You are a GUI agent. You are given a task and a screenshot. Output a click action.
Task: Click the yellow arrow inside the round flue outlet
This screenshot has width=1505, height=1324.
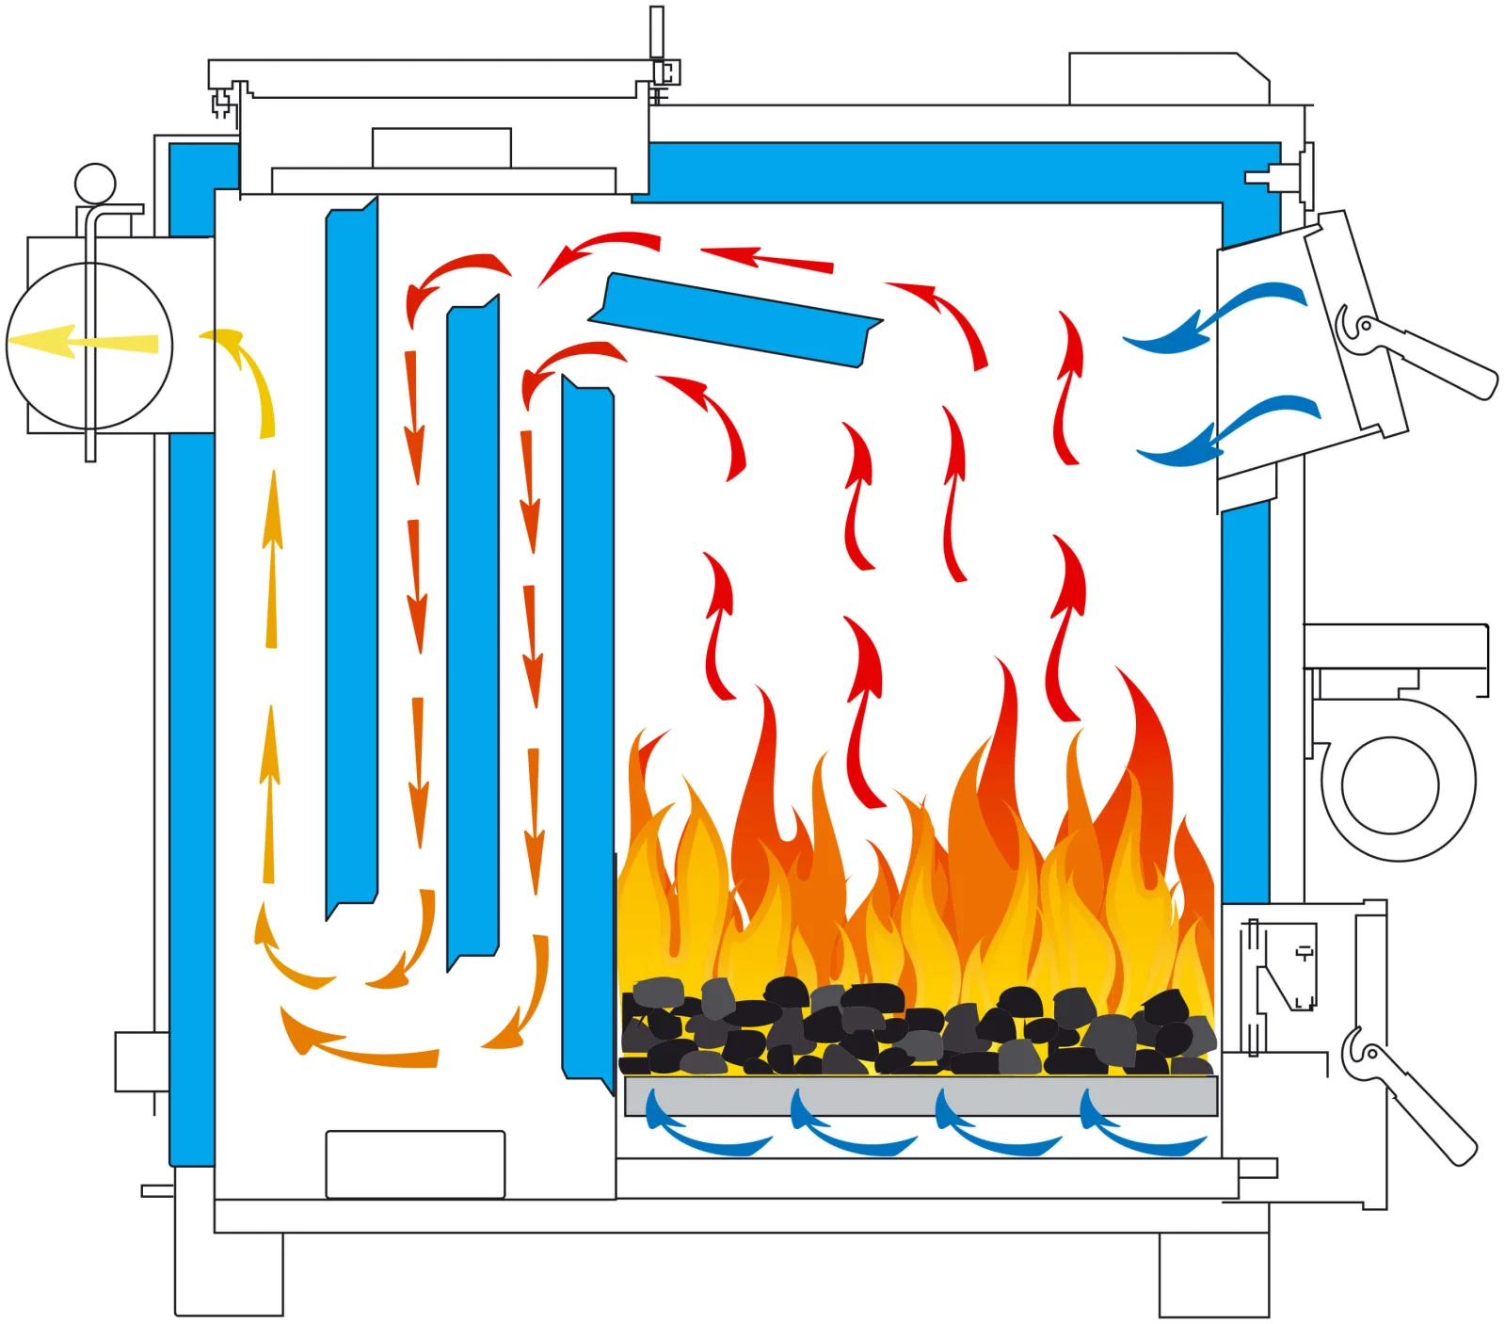85,341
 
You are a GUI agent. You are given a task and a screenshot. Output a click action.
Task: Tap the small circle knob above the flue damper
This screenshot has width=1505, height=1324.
95,184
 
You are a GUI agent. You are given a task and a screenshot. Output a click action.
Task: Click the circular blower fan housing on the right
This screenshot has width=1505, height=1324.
1390,784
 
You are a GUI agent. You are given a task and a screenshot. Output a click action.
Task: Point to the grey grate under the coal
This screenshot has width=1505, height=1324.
920,1096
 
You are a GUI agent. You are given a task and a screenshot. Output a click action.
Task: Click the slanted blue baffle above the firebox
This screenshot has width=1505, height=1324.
734,319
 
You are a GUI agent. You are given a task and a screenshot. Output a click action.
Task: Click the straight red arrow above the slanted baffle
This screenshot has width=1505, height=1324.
767,258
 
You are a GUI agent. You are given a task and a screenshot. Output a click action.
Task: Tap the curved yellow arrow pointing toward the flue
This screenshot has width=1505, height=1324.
249,377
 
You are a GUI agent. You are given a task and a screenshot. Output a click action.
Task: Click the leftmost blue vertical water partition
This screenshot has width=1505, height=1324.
351,556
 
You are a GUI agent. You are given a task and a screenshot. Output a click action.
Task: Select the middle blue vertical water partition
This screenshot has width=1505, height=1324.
472,631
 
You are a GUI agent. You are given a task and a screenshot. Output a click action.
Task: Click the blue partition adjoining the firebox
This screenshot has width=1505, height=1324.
587,735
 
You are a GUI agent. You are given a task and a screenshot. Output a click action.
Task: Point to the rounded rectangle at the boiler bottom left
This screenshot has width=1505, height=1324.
415,1165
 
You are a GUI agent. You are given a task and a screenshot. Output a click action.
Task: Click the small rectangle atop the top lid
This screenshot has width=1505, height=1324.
441,148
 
